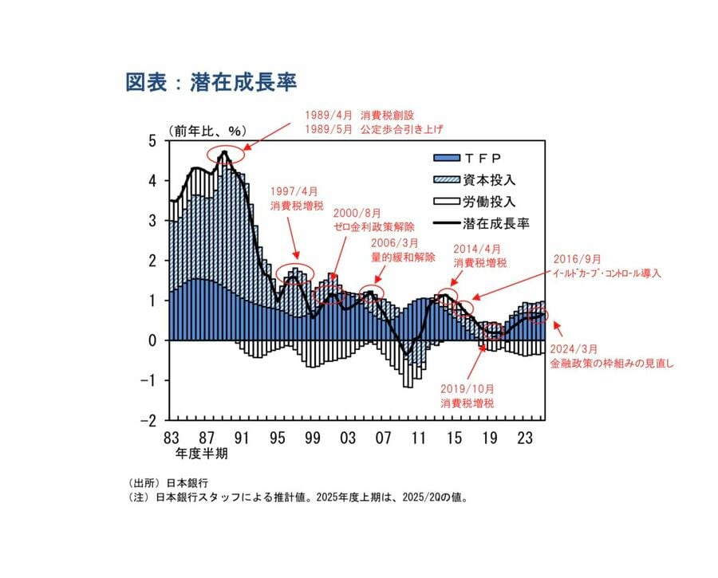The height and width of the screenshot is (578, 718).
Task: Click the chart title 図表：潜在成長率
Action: click(211, 83)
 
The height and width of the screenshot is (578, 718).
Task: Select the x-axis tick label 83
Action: click(172, 438)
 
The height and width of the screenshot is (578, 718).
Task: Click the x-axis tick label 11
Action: click(419, 438)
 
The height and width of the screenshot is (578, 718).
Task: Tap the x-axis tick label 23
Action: click(526, 438)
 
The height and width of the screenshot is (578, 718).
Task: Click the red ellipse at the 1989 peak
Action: click(224, 155)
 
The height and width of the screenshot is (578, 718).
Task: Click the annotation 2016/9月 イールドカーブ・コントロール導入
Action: click(607, 266)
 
